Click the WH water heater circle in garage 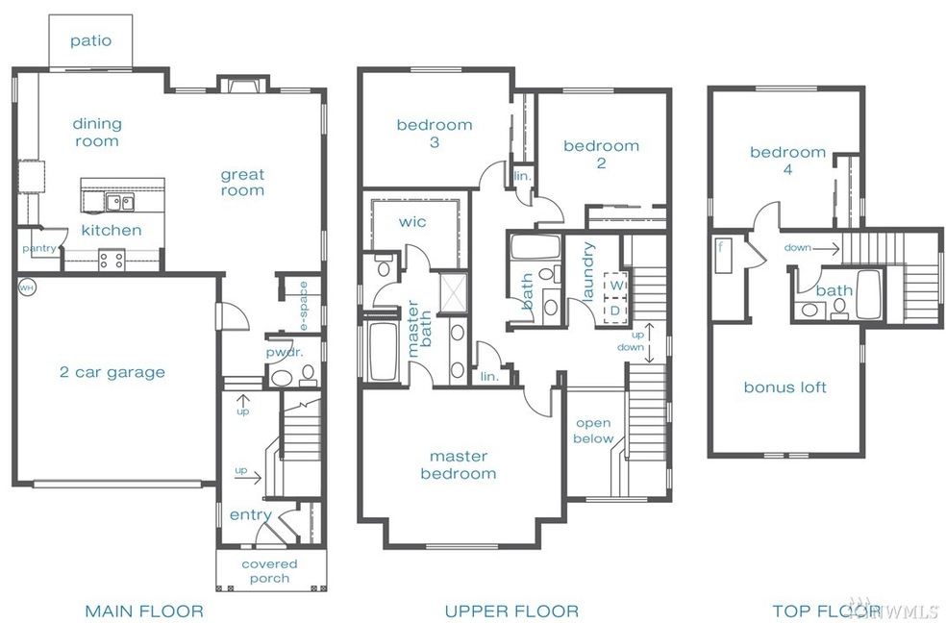(27, 287)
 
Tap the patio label (90, 41)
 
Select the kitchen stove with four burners (112, 260)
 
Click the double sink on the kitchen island (120, 202)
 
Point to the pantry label (39, 248)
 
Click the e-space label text (304, 306)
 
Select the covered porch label (269, 571)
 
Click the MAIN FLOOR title (144, 611)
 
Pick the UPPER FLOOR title (511, 611)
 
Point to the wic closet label (412, 222)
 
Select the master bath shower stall (453, 292)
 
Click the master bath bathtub (382, 352)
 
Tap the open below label (593, 431)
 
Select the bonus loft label (784, 387)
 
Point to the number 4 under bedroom (787, 170)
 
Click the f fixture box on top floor (723, 256)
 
